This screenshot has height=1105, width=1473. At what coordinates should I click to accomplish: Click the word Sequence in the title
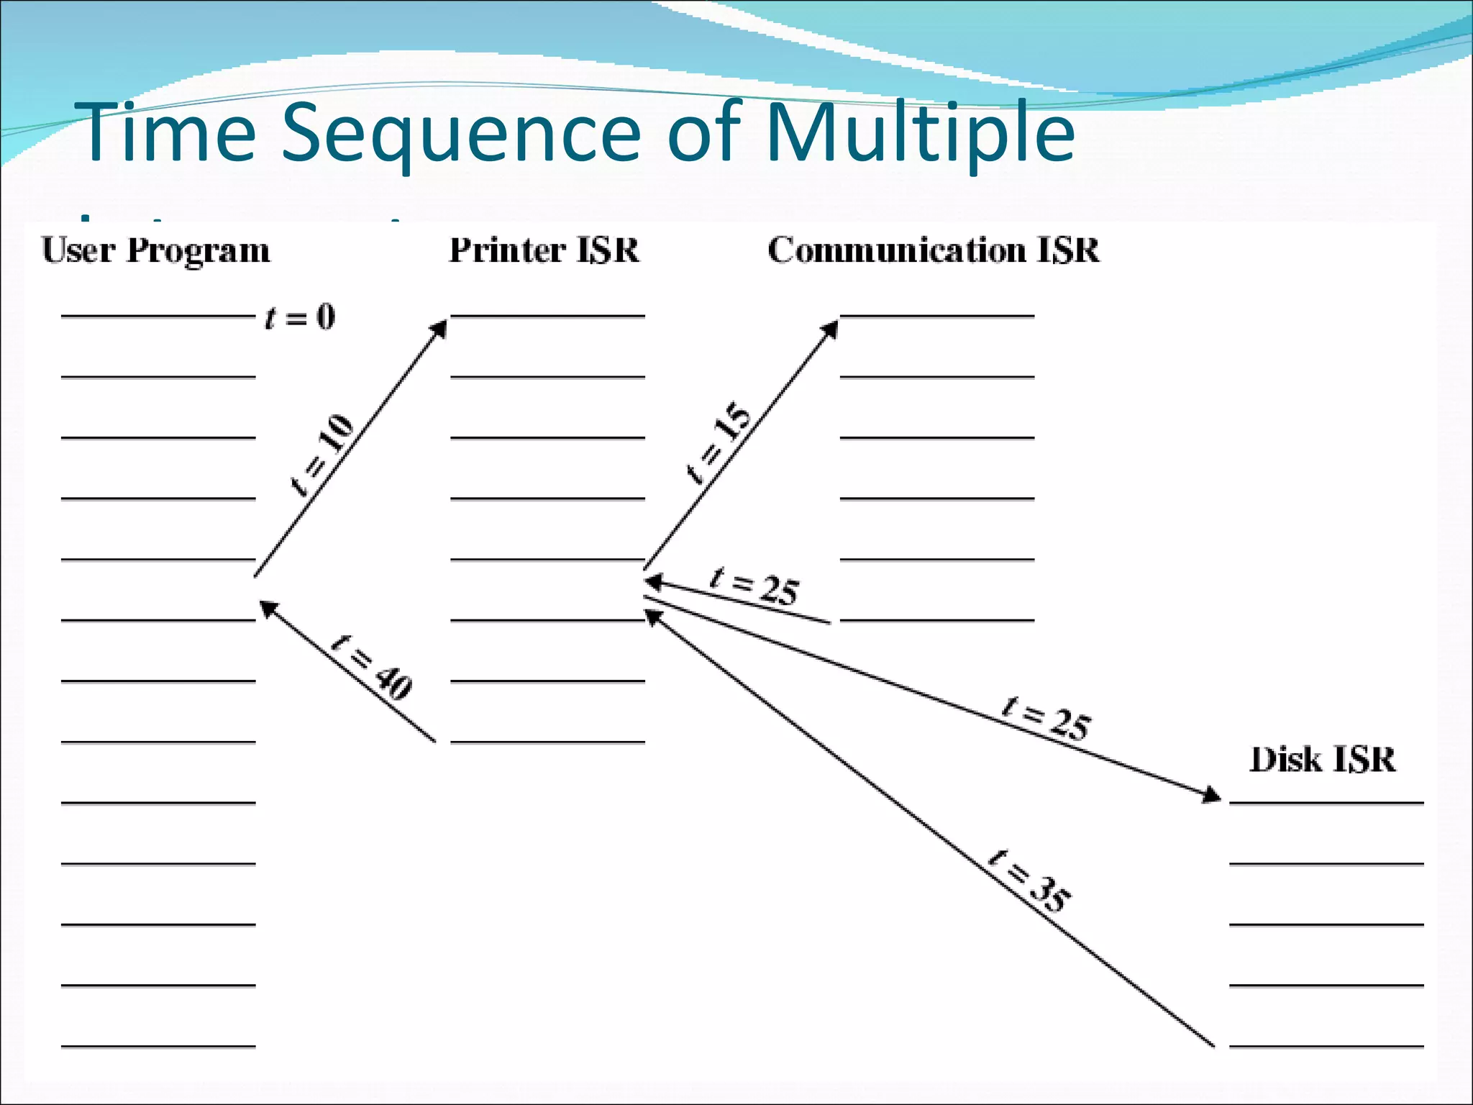(x=460, y=133)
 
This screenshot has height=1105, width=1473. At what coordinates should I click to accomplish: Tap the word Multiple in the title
(x=920, y=133)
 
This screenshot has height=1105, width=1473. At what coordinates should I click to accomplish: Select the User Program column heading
(x=156, y=250)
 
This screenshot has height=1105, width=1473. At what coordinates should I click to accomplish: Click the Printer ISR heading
(x=544, y=250)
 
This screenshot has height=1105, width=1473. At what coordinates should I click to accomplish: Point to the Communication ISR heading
(x=934, y=250)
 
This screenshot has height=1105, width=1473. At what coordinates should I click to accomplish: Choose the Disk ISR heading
(x=1323, y=760)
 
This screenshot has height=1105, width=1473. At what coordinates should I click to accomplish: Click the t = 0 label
(x=300, y=317)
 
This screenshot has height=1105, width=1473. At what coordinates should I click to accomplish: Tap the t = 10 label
(x=322, y=455)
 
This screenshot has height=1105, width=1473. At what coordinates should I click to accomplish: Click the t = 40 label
(x=373, y=667)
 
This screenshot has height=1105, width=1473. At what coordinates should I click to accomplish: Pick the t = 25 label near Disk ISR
(x=1046, y=718)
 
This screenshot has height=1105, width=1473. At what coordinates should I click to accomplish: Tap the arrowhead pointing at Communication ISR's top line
(x=831, y=329)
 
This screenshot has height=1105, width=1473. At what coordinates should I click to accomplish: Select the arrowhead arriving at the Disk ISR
(x=1211, y=796)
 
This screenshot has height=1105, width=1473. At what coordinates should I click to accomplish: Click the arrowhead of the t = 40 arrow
(x=268, y=609)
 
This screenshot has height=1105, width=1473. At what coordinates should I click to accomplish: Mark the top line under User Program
(x=158, y=315)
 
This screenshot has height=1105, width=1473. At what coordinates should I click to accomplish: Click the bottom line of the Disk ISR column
(x=1326, y=1046)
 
